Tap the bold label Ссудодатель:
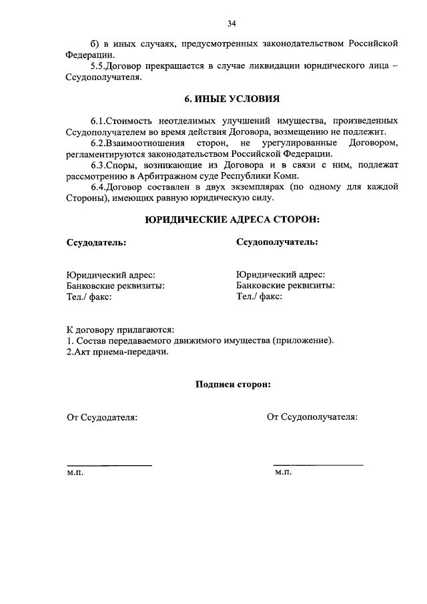coord(96,242)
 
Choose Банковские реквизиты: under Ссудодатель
coord(115,286)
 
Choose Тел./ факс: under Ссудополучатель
coord(260,296)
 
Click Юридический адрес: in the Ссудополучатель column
coord(281,274)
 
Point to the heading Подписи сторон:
coord(232,384)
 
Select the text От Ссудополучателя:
coord(312,417)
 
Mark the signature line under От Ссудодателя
coord(109,465)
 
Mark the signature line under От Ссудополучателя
coord(318,465)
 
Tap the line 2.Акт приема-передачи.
coord(117,352)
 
